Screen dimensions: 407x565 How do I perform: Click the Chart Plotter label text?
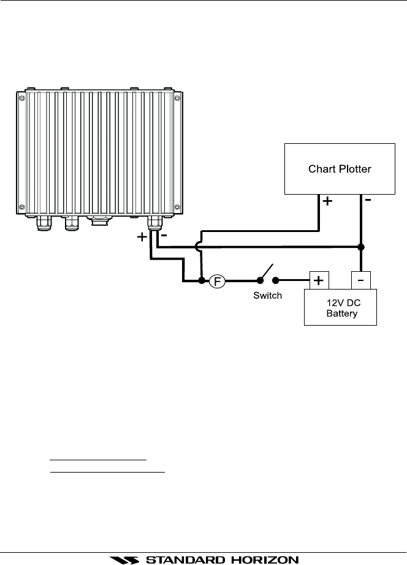click(x=340, y=169)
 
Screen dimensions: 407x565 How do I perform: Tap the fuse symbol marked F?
click(x=217, y=281)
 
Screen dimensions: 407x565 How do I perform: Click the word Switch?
click(x=267, y=296)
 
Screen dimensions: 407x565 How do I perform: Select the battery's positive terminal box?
click(x=319, y=280)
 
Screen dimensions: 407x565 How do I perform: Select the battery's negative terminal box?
click(x=361, y=280)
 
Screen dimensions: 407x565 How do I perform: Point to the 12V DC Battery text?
click(x=343, y=308)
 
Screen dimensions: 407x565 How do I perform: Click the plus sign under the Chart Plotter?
click(x=327, y=201)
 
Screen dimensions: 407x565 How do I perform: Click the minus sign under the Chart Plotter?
click(x=368, y=200)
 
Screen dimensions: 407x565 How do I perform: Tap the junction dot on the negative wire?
click(x=361, y=247)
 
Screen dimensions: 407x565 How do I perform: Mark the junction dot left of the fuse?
click(x=202, y=280)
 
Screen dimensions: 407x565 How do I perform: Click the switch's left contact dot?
click(x=260, y=280)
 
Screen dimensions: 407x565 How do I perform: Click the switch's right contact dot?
click(x=275, y=280)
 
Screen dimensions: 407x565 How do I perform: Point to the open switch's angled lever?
click(x=267, y=272)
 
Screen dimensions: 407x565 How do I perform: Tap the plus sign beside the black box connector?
click(x=142, y=237)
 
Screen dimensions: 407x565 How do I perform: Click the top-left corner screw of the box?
click(x=21, y=98)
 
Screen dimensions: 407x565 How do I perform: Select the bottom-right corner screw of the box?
click(x=177, y=207)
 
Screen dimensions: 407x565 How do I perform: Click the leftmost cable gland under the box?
click(x=44, y=223)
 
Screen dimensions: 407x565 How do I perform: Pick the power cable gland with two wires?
click(x=155, y=223)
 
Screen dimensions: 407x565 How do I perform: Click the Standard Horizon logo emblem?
click(x=124, y=560)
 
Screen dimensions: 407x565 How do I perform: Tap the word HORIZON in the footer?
click(x=265, y=560)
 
